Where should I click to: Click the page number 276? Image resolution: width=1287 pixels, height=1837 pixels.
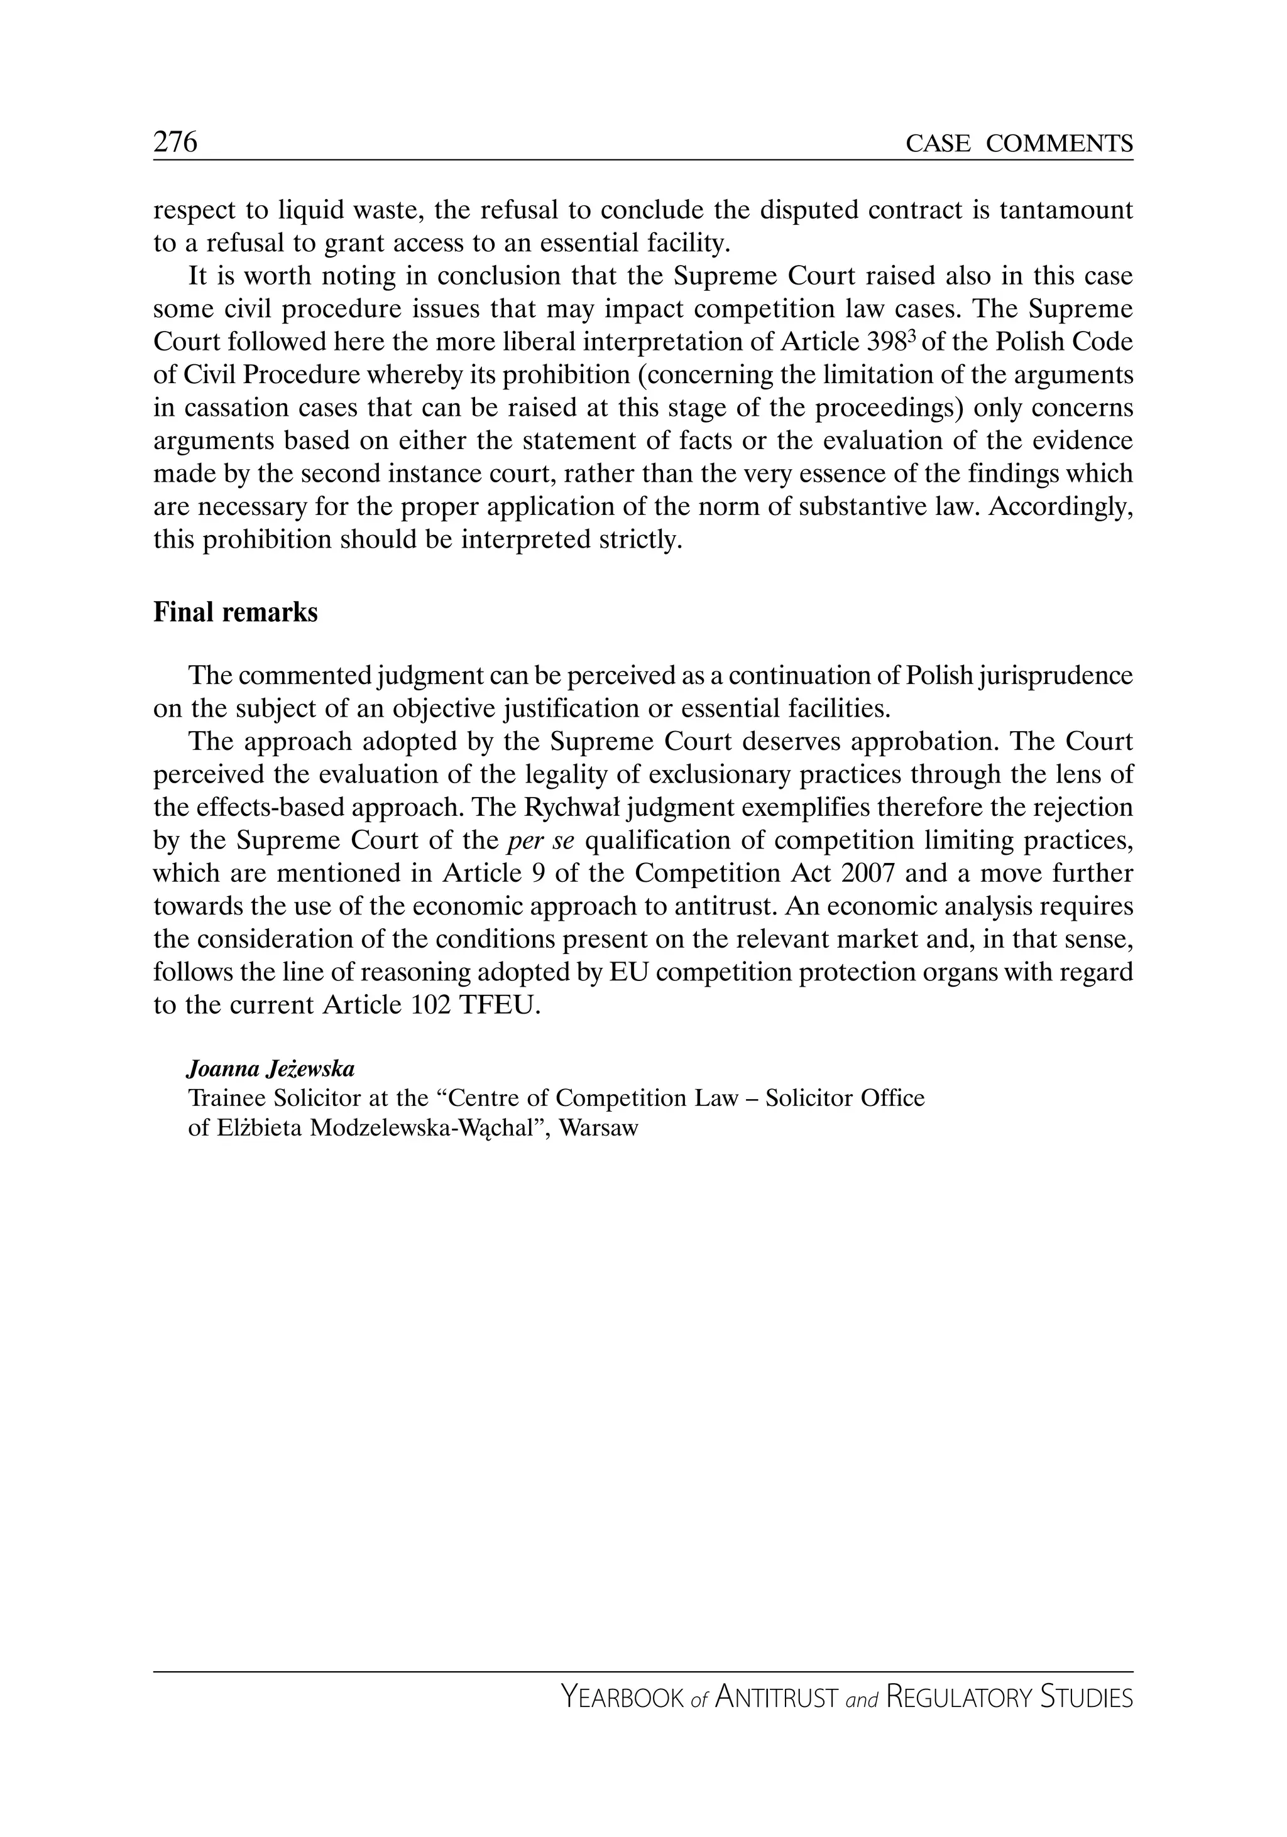[175, 143]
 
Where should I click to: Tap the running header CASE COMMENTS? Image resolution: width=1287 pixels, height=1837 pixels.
[1019, 144]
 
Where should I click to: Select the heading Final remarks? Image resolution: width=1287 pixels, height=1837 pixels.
[235, 613]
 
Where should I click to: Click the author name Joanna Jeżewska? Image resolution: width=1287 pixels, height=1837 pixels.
[270, 1069]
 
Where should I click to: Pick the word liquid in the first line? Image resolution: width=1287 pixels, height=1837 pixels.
[308, 210]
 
